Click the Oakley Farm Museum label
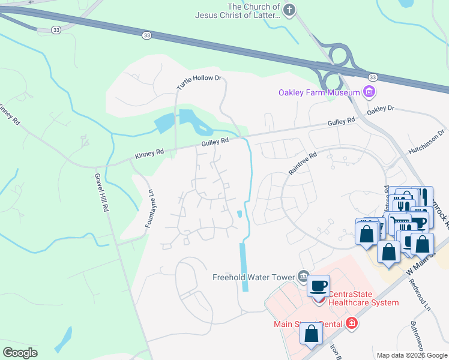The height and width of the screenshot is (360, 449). (x=318, y=92)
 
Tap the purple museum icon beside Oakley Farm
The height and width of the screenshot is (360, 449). (x=369, y=92)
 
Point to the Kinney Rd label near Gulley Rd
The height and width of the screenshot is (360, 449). (x=149, y=154)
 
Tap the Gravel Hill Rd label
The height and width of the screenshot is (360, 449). (x=101, y=193)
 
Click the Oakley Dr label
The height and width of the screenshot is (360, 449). (x=381, y=110)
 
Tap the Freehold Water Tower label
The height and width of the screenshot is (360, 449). (x=254, y=277)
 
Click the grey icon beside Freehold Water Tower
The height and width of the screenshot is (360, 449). (x=304, y=276)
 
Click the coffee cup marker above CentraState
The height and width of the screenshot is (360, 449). (x=319, y=286)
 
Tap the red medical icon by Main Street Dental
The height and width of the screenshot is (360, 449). (x=351, y=324)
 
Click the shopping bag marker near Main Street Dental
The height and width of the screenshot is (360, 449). (x=311, y=334)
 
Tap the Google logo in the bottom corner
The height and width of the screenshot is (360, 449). (x=20, y=352)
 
